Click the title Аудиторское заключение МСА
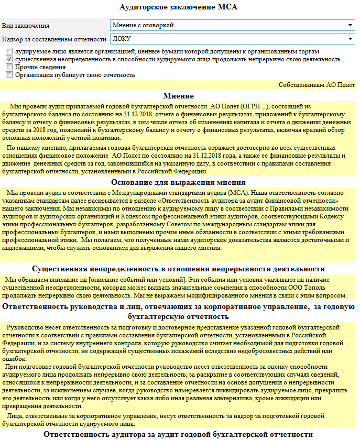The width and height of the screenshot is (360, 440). pyautogui.click(x=179, y=7)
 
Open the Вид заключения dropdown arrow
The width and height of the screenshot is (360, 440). pyautogui.click(x=350, y=25)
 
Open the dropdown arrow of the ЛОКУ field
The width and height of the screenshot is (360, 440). pyautogui.click(x=350, y=39)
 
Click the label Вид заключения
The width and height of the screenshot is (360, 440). pyautogui.click(x=26, y=26)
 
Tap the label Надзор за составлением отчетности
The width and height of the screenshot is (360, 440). pyautogui.click(x=54, y=39)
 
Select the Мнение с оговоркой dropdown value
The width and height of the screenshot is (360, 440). pyautogui.click(x=143, y=25)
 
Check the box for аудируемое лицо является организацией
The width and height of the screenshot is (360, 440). pyautogui.click(x=9, y=52)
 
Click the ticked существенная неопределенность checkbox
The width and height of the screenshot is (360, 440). pyautogui.click(x=9, y=60)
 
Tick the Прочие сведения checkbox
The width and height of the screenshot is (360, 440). pyautogui.click(x=9, y=67)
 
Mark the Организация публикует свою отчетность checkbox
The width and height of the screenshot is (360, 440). pyautogui.click(x=9, y=75)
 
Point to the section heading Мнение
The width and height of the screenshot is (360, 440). pyautogui.click(x=178, y=96)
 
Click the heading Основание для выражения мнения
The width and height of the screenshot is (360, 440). pyautogui.click(x=179, y=182)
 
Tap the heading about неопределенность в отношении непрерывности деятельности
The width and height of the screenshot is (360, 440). pyautogui.click(x=179, y=269)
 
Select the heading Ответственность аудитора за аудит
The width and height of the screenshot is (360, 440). pyautogui.click(x=179, y=434)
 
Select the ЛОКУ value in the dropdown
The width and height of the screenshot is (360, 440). pyautogui.click(x=122, y=39)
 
